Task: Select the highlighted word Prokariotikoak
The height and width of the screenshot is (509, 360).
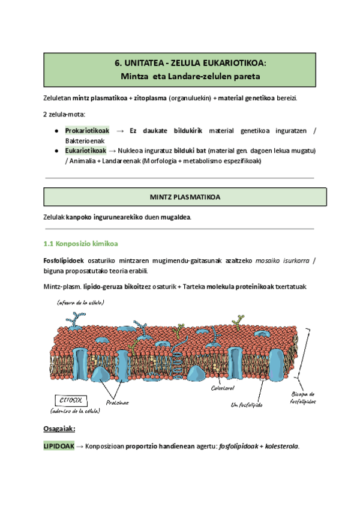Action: pyautogui.click(x=87, y=130)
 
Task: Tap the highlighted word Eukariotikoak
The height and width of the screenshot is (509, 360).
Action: pyautogui.click(x=86, y=150)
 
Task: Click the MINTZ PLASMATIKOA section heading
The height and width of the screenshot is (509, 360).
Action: pyautogui.click(x=185, y=196)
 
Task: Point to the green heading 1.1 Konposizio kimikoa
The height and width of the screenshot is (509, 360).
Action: pyautogui.click(x=81, y=244)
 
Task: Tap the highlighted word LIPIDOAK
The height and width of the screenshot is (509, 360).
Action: pyautogui.click(x=59, y=447)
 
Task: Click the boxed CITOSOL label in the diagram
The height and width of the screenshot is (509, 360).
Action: pyautogui.click(x=67, y=400)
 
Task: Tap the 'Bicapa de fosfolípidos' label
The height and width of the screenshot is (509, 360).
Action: pyautogui.click(x=304, y=397)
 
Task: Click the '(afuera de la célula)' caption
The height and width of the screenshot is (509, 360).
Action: pyautogui.click(x=79, y=303)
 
